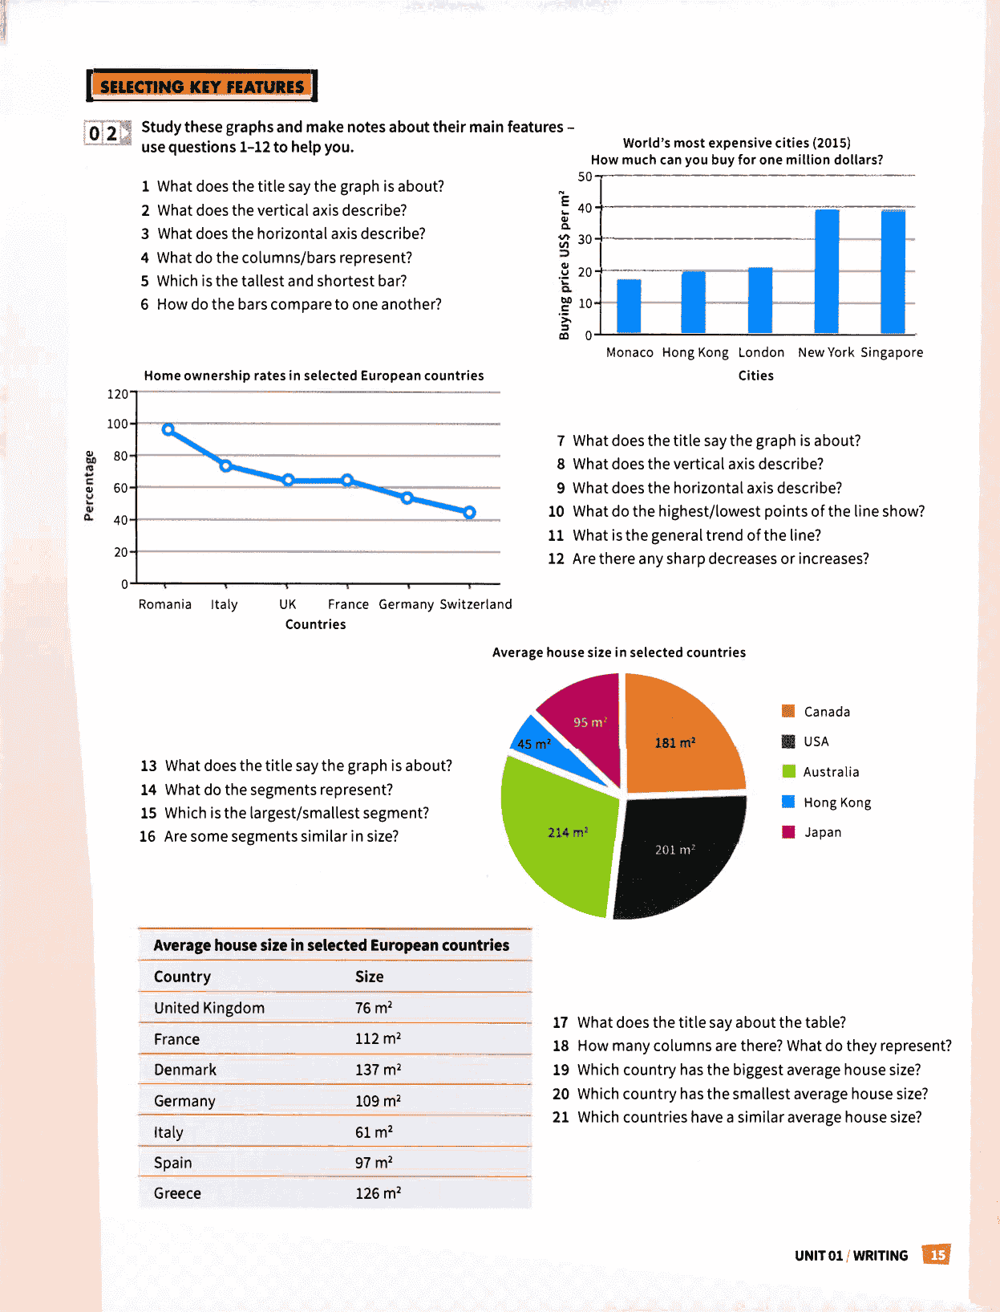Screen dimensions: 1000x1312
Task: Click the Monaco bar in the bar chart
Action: [629, 306]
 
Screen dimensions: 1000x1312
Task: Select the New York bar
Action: [827, 270]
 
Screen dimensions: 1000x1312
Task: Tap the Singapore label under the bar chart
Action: [891, 352]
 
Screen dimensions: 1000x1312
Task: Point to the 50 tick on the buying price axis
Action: [585, 177]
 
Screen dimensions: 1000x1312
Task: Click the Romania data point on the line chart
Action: [168, 429]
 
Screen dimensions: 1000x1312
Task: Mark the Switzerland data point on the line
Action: [470, 512]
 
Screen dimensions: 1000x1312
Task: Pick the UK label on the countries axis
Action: [287, 604]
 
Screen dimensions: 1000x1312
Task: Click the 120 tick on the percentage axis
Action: [117, 394]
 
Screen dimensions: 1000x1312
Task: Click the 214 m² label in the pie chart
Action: [568, 832]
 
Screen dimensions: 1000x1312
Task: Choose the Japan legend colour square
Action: [788, 832]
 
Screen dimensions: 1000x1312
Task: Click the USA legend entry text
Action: [816, 741]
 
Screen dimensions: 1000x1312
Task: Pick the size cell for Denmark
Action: [379, 1070]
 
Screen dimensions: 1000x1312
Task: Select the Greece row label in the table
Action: [177, 1193]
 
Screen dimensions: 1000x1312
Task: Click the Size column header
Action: [369, 977]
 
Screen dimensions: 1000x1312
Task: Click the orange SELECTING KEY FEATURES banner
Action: [202, 86]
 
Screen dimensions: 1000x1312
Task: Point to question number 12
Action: [556, 559]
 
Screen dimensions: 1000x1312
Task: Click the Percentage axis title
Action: [89, 485]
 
